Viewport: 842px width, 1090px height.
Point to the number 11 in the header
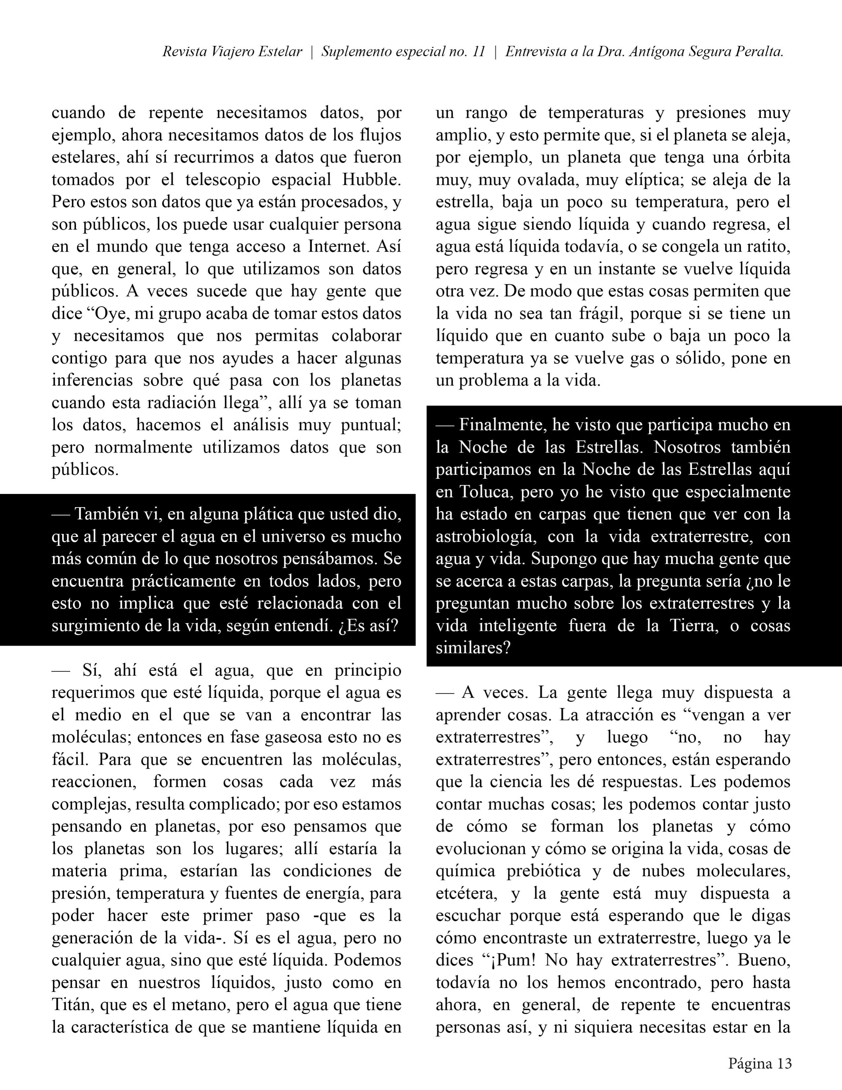click(478, 52)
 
